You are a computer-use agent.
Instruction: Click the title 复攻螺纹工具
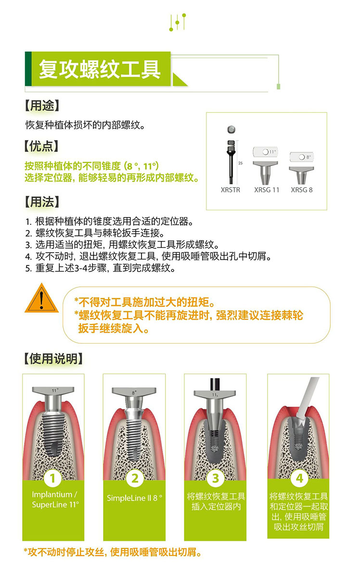(99, 69)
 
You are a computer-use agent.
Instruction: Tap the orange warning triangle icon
(41, 298)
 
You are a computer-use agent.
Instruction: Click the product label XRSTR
(230, 190)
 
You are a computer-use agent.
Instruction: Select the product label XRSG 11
(267, 190)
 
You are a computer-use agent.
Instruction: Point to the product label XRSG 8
(302, 190)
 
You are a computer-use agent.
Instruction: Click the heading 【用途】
(41, 106)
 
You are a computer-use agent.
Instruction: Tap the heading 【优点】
(41, 146)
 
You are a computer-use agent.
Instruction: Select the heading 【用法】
(41, 202)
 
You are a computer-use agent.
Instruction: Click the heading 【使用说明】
(54, 359)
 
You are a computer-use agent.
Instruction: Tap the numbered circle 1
(53, 478)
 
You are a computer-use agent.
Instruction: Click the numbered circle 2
(135, 478)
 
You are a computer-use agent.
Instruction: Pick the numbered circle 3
(216, 478)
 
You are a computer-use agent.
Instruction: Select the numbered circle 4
(299, 478)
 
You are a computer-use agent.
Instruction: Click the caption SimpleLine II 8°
(134, 498)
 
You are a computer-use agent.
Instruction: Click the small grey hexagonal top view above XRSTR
(232, 129)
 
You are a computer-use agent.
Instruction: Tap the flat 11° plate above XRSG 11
(265, 152)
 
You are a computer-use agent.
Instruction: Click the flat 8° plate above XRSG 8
(301, 157)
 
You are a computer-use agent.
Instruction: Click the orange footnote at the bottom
(113, 552)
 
